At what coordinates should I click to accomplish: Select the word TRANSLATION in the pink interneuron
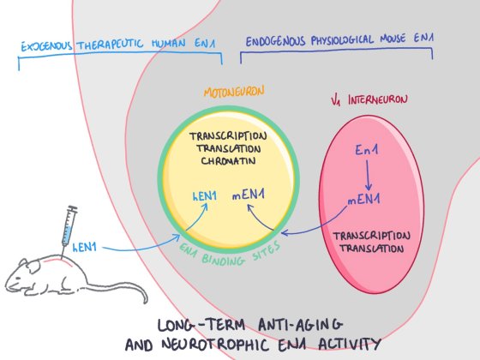click(x=366, y=249)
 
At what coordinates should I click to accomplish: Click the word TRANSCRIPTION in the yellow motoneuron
click(x=229, y=135)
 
